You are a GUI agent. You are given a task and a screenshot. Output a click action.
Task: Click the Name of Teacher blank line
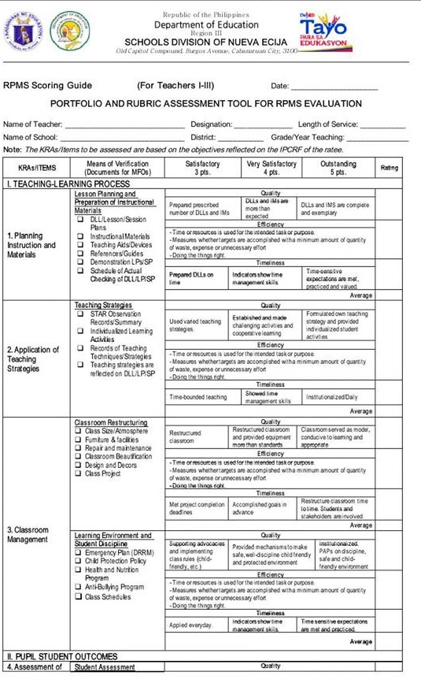[124, 124]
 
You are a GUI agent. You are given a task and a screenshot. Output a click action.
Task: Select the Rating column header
[389, 168]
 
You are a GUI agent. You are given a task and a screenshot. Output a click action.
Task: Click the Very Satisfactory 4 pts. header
[271, 168]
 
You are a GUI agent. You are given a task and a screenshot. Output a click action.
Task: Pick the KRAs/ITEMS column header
[37, 168]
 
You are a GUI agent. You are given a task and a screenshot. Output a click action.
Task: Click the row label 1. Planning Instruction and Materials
[32, 245]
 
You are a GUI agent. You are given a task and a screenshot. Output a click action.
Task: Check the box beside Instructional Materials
[80, 236]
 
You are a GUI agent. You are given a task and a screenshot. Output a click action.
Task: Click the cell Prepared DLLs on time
[191, 278]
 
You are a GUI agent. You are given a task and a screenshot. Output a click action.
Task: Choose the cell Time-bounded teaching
[198, 397]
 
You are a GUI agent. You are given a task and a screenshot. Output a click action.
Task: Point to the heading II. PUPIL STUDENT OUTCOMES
[62, 656]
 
